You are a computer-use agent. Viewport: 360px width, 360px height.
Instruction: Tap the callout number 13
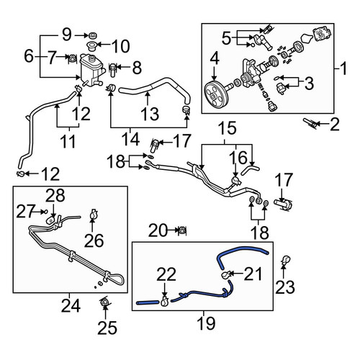click(x=150, y=114)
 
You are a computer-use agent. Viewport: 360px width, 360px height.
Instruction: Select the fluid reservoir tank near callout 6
click(x=92, y=70)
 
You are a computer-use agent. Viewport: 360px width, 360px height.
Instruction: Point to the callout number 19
click(x=206, y=323)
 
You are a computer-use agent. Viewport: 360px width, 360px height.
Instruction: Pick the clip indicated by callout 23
click(x=286, y=260)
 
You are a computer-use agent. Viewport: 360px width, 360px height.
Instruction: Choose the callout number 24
click(x=71, y=306)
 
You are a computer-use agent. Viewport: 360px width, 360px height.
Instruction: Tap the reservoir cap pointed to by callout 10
click(x=92, y=45)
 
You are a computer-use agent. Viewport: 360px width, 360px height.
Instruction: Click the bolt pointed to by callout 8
click(x=113, y=70)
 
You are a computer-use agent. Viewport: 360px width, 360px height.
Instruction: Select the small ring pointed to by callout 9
click(x=92, y=36)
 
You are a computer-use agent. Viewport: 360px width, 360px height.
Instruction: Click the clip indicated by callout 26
click(x=93, y=215)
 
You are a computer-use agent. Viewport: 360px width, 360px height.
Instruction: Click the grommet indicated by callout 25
click(x=104, y=302)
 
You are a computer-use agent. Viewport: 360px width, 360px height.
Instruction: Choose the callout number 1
click(x=343, y=68)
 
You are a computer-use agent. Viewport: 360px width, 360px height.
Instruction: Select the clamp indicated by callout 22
click(x=165, y=301)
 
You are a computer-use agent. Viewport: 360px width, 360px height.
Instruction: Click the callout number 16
click(x=238, y=158)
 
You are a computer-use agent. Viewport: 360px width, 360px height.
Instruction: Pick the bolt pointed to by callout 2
click(x=310, y=123)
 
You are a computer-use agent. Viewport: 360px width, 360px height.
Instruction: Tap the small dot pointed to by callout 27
click(x=45, y=211)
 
